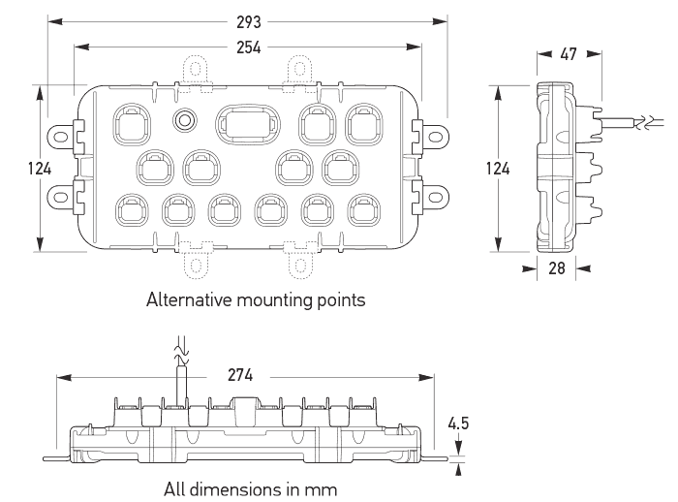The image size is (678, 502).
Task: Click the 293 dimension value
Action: pos(249,21)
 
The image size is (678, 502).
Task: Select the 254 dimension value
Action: pos(249,47)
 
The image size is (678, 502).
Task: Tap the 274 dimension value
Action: pos(240,375)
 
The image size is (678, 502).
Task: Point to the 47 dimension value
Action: pos(569,54)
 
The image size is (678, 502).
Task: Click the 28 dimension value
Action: pos(557,268)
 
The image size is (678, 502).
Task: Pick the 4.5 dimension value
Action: pos(458,424)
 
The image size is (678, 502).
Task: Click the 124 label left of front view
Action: pos(40,169)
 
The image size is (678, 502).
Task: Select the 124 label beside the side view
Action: pos(498,169)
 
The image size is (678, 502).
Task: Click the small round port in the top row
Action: pos(185,120)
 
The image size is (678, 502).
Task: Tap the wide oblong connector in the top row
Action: pos(248,125)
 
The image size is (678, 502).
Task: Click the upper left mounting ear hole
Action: pos(60,138)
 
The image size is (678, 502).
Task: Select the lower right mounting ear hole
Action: pos(435,197)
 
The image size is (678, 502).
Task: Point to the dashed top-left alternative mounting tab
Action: pos(196,74)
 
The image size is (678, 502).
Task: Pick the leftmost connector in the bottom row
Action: pos(133,210)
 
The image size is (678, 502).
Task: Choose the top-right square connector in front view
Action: pos(364,124)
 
